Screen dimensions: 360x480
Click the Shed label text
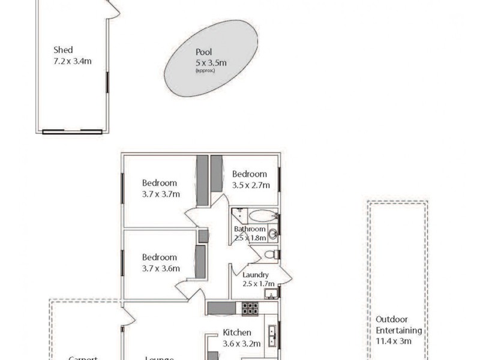[63, 50]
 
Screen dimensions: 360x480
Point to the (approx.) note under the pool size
[204, 70]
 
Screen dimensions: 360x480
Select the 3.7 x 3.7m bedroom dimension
[161, 194]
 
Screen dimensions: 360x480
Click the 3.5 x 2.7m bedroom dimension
[251, 185]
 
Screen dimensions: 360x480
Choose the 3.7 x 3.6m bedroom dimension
[161, 268]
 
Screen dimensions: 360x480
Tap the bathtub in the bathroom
[263, 215]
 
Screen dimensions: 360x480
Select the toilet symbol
[271, 255]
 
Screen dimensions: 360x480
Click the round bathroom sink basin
[272, 234]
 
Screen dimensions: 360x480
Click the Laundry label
[256, 275]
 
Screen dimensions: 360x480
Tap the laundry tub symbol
[271, 293]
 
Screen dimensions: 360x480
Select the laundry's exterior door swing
[284, 275]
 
